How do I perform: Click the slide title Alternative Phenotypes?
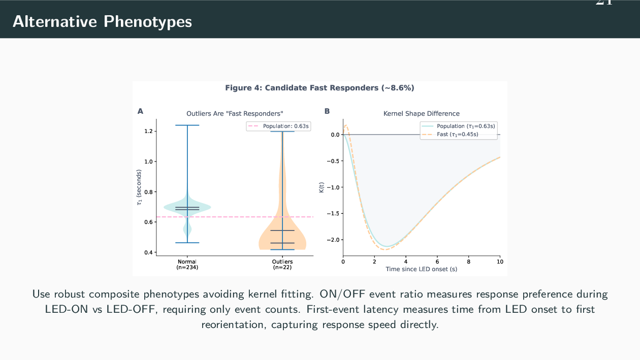[x=102, y=21]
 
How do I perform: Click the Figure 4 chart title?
[x=319, y=88]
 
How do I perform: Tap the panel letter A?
[x=140, y=111]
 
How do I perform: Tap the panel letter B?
[x=327, y=111]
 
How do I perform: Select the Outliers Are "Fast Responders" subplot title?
[x=234, y=114]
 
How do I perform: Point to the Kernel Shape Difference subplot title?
[x=421, y=114]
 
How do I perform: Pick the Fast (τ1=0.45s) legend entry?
[x=457, y=135]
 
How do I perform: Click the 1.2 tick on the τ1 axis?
[x=148, y=131]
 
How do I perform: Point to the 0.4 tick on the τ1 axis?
[x=148, y=252]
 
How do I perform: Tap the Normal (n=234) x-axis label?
[x=187, y=264]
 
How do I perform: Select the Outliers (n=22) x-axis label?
[x=282, y=264]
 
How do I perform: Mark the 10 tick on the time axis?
[x=500, y=261]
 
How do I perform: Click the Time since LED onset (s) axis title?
[x=421, y=269]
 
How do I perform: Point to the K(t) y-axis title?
[x=321, y=187]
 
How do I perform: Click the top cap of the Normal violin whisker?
[x=187, y=125]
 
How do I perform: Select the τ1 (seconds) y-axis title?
[x=139, y=188]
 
